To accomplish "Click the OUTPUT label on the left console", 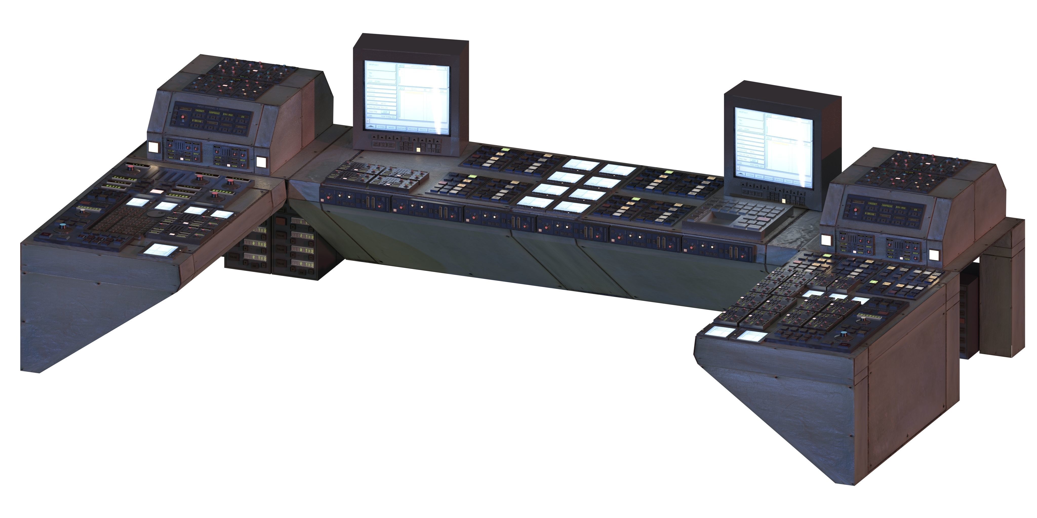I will [222, 192].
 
